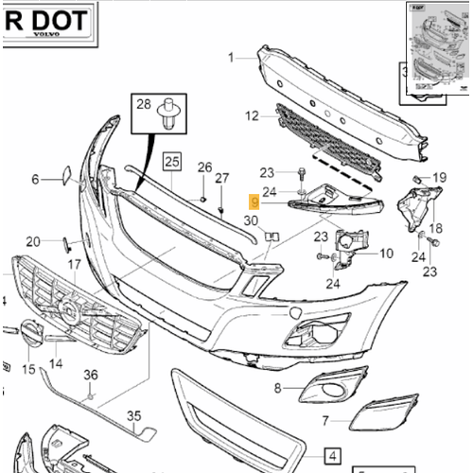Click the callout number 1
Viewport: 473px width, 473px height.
point(230,58)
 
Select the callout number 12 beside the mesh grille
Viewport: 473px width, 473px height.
point(251,116)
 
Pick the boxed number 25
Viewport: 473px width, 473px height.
point(171,161)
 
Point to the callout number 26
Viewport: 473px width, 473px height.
point(204,168)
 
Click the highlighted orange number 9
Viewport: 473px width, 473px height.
point(253,201)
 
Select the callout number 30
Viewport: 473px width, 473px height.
point(251,221)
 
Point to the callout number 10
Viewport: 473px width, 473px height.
point(385,253)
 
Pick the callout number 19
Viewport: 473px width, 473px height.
point(439,178)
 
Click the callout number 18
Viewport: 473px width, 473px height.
point(435,228)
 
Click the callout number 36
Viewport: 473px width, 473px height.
point(91,376)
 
